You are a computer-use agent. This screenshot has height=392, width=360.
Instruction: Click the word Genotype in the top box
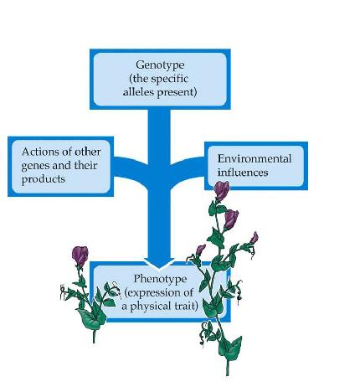[x=160, y=65]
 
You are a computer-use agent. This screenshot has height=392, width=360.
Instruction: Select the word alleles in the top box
[x=139, y=91]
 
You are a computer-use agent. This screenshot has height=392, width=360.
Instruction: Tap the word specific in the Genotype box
[x=170, y=79]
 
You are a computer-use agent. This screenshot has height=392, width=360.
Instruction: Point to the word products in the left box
[x=44, y=179]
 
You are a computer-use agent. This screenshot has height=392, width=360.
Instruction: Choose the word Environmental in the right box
[x=255, y=158]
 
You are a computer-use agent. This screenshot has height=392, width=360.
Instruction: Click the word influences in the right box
[x=243, y=173]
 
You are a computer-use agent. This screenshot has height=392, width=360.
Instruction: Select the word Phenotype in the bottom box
[x=160, y=279]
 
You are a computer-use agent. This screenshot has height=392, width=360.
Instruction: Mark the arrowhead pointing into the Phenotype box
[x=159, y=263]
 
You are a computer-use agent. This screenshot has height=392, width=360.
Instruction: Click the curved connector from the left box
[x=131, y=168]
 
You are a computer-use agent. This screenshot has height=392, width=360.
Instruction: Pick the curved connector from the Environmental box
[x=188, y=168]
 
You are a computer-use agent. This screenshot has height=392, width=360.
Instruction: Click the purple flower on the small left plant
[x=80, y=255]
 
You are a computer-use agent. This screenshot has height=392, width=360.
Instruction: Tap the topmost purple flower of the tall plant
[x=222, y=190]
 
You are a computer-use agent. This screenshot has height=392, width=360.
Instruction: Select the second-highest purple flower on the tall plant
[x=231, y=219]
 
